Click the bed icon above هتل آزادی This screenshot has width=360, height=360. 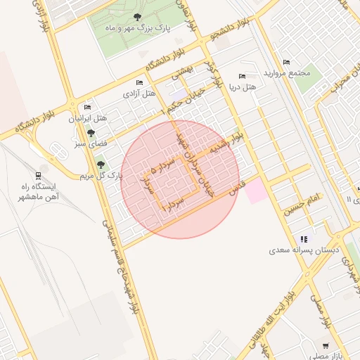[x=139, y=83]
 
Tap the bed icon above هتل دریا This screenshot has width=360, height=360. [x=242, y=76]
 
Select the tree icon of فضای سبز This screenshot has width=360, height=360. [x=91, y=132]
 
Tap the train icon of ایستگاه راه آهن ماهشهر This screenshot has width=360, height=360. [x=37, y=176]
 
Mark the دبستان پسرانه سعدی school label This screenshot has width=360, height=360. [x=303, y=250]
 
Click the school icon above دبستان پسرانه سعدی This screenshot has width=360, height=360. [x=303, y=240]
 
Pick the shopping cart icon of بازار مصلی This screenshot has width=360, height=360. [x=325, y=346]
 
